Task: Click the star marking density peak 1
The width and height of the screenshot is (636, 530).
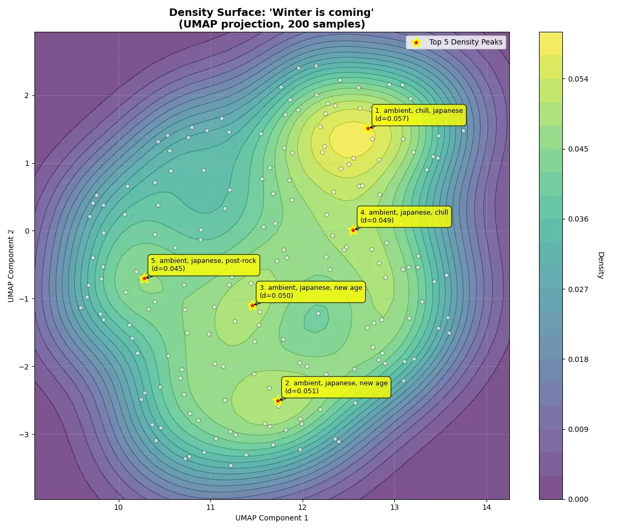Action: tap(368, 128)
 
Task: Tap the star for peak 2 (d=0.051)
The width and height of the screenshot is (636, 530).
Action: tap(278, 400)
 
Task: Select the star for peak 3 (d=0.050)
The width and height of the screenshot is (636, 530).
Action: tap(252, 305)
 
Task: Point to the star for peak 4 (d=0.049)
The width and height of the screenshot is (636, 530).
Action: tap(353, 230)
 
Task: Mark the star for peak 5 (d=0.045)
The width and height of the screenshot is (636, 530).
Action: tap(144, 278)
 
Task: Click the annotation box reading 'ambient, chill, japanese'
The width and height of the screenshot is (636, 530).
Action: tap(419, 114)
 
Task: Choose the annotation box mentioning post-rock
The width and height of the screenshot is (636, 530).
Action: tap(204, 264)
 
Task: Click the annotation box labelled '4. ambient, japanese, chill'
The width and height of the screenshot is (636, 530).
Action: tap(404, 216)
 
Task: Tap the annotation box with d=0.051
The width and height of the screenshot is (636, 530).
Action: tap(336, 387)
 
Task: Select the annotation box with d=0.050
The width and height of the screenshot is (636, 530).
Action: tap(311, 291)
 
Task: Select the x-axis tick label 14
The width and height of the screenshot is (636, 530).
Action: tap(486, 507)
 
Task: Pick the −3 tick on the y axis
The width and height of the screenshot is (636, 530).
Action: tap(25, 434)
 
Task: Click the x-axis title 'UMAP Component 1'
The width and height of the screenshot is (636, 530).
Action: tap(272, 518)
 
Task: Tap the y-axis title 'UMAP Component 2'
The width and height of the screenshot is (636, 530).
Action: tap(11, 266)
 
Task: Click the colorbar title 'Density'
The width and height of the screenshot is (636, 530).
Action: tap(600, 265)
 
